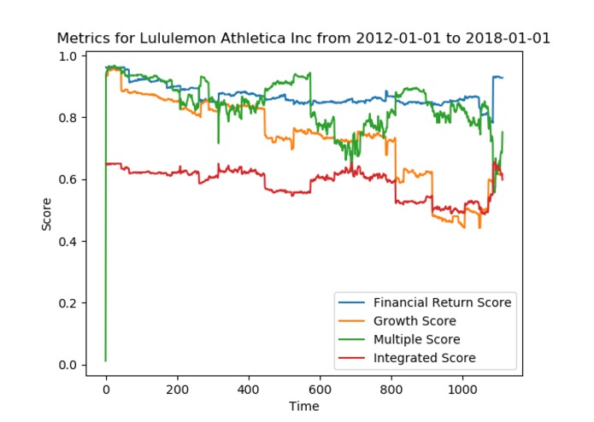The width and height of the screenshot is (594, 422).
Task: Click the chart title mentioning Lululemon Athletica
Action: point(303,38)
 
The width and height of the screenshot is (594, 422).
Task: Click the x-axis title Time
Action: point(303,407)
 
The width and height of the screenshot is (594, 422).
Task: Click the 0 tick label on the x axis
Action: point(106,389)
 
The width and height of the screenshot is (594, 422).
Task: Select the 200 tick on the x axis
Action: point(178,389)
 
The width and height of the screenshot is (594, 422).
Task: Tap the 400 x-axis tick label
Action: point(249,389)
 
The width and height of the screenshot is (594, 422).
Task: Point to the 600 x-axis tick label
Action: point(321,389)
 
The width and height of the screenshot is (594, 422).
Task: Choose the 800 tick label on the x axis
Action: point(392,389)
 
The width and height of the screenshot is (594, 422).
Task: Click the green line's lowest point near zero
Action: point(106,360)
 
